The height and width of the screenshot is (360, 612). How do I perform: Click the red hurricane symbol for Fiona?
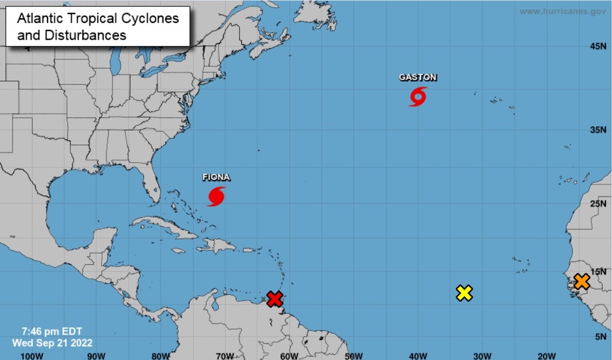[x=216, y=196]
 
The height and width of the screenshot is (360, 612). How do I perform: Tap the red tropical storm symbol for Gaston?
[x=418, y=97]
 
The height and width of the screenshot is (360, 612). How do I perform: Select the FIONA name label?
[x=216, y=177]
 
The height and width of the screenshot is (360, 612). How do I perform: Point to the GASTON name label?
[x=418, y=78]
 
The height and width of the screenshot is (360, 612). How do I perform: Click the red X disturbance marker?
[x=275, y=299]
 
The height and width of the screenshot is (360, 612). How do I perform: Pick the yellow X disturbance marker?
[x=464, y=293]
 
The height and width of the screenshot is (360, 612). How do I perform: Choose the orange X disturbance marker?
[x=582, y=281]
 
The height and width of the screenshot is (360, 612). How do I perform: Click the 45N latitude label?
[x=598, y=46]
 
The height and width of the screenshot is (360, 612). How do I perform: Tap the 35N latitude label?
[x=598, y=129]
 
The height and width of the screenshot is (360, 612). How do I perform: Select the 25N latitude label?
[x=598, y=204]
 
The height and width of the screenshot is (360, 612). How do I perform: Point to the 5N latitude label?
[x=600, y=337]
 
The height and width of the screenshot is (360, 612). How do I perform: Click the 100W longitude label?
[x=31, y=356]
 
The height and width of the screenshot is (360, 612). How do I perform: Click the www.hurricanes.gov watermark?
[x=563, y=11]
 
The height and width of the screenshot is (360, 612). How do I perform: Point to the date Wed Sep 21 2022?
[x=52, y=343]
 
